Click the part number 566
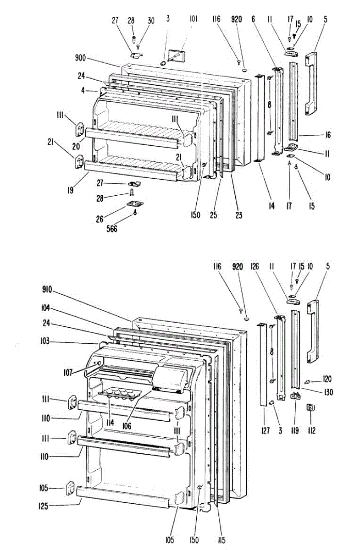(111, 229)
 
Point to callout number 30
(151, 21)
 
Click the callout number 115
(222, 540)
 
